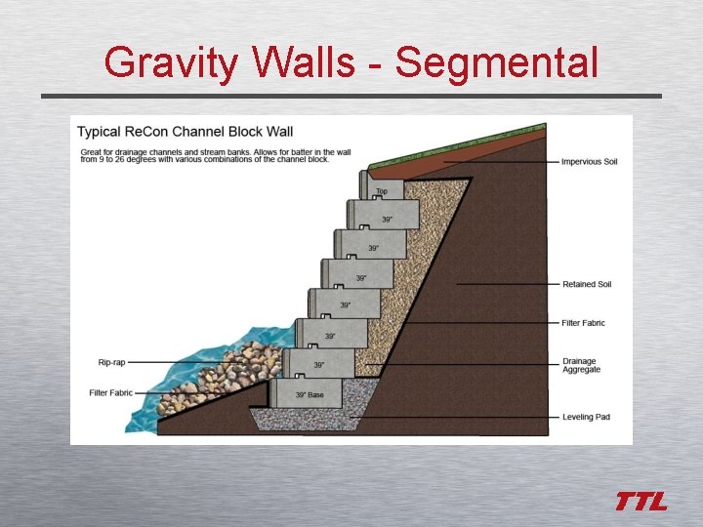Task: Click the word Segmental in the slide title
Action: tap(496, 63)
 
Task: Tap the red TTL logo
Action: tap(641, 502)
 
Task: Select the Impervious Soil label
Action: tap(589, 161)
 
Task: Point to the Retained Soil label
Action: tap(587, 284)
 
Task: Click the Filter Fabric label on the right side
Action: tap(584, 323)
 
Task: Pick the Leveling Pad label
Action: tap(586, 417)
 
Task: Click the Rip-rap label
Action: tap(111, 362)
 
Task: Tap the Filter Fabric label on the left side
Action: tap(110, 392)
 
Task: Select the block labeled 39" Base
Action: tap(311, 393)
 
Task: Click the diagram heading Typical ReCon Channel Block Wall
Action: tap(185, 131)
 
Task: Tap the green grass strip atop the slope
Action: tap(459, 143)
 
